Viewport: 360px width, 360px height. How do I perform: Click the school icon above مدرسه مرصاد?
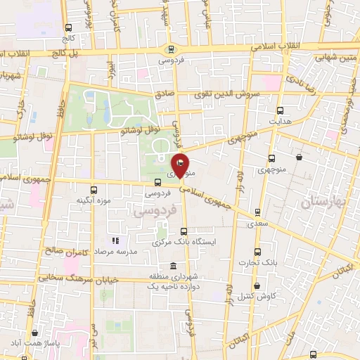click(115, 241)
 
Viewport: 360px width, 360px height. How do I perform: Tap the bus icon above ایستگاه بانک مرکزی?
click(184, 231)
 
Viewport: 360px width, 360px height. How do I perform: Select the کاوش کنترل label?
click(259, 296)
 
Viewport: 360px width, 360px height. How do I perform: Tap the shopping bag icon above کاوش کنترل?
click(258, 285)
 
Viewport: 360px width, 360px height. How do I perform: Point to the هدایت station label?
click(281, 121)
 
